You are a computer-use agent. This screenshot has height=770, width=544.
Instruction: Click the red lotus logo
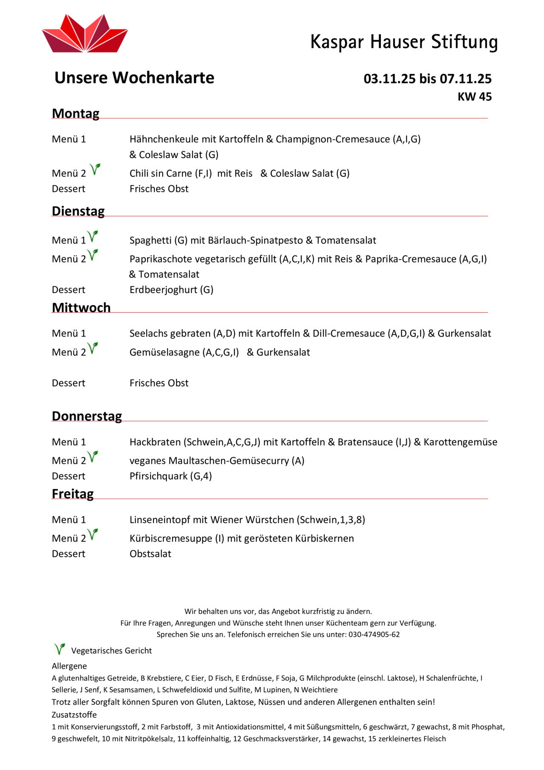pos(85,34)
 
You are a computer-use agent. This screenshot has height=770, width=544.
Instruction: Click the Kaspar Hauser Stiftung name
pos(404,42)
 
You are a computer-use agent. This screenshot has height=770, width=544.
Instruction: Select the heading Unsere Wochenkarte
pos(134,78)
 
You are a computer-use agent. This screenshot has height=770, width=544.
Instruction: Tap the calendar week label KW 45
pos(474,97)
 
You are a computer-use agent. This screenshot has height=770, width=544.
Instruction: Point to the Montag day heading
pos(76,114)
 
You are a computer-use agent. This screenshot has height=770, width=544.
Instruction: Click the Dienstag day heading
pos(78,211)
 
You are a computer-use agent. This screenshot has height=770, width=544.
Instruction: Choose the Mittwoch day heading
pos(81,308)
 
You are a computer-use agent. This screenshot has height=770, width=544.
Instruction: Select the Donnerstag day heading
pos(87,416)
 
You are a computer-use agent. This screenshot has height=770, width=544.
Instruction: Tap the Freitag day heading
pos(73,494)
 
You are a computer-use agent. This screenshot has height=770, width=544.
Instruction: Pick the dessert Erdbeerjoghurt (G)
pos(171,290)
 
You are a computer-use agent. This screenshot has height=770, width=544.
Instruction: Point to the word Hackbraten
pos(155,442)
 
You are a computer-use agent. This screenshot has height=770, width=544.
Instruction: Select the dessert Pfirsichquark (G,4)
pos(170,476)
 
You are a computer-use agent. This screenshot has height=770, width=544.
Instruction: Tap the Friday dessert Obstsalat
pos(150,554)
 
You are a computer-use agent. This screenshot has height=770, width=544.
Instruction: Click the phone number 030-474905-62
pos(374,634)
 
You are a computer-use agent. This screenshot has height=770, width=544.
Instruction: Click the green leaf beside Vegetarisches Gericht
pos(59,649)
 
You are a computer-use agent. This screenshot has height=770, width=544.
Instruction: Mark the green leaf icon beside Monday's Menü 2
pos(95,169)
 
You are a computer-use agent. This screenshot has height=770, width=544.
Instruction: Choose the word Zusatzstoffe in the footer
pos(74,715)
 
